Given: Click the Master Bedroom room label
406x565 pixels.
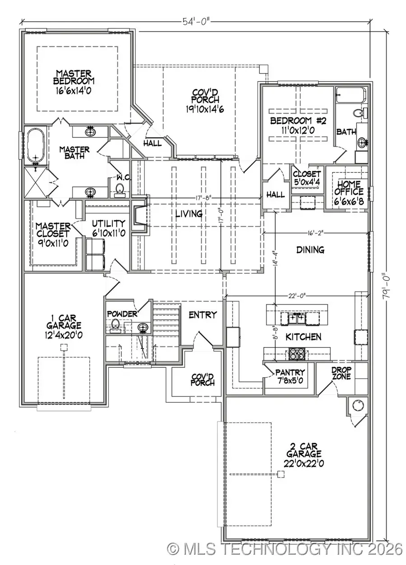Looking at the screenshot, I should coord(74,81).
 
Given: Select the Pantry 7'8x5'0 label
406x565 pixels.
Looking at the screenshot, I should coord(291,376).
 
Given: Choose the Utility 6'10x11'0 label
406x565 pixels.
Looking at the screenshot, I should coord(108,228).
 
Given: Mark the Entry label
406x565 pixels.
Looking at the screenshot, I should coord(203,315).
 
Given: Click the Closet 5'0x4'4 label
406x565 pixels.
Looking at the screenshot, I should coord(307,177).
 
